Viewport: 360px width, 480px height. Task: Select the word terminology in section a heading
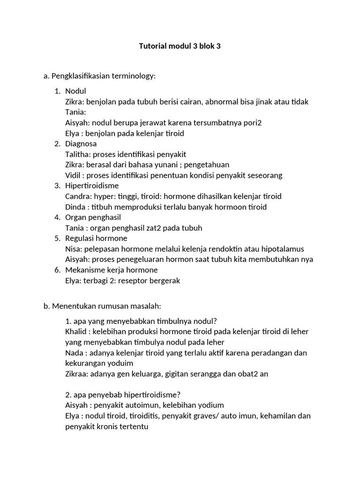tap(135, 75)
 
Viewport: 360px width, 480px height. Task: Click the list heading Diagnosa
tap(81, 144)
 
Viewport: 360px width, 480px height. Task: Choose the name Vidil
tap(74, 175)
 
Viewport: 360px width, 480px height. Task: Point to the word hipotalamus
tap(282, 249)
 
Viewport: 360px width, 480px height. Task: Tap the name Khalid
tap(76, 331)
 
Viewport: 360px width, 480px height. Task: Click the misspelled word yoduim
tap(118, 363)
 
